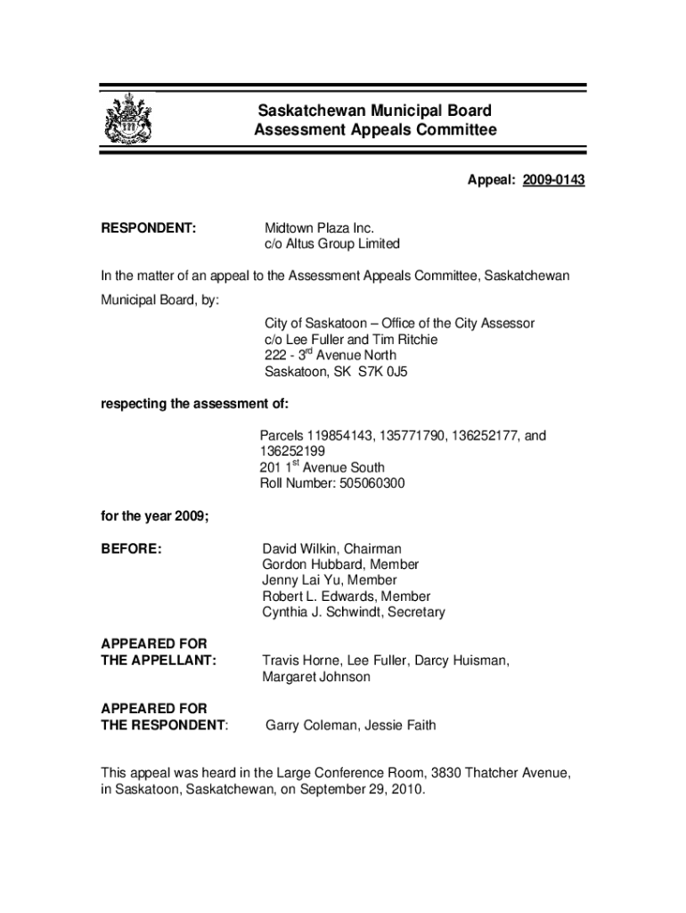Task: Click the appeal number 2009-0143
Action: coord(553,181)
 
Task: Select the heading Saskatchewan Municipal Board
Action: coord(374,111)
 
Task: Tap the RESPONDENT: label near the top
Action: coord(148,228)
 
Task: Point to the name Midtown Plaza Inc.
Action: coord(319,228)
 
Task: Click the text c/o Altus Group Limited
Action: coord(331,244)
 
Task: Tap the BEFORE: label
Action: coord(131,549)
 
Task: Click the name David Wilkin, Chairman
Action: coord(331,549)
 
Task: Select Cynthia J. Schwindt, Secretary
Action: coord(354,613)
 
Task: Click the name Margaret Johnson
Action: coord(316,678)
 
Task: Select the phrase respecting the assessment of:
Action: coord(194,404)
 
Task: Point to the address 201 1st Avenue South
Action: coord(323,468)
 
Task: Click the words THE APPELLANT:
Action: coord(159,662)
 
